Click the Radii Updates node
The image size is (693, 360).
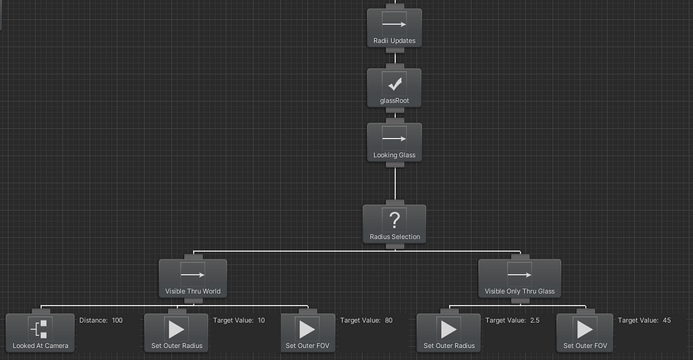[394, 28]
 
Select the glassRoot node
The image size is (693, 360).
[394, 88]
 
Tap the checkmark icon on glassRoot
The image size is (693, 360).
[395, 83]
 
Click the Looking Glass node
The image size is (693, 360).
[394, 143]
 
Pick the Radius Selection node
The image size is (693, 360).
[395, 224]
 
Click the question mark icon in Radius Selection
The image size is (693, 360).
[395, 219]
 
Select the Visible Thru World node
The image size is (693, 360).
[192, 278]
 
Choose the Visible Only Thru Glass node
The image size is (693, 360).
[519, 278]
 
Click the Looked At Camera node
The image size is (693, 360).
[40, 333]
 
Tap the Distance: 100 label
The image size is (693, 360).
[100, 320]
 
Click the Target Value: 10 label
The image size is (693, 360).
[239, 320]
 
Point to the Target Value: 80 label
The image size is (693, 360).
[366, 320]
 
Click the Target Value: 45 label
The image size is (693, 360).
[643, 320]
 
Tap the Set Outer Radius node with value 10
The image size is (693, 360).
[176, 333]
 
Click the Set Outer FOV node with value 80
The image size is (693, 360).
[307, 333]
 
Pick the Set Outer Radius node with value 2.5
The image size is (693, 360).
[448, 333]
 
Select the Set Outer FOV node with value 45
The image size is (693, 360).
[584, 333]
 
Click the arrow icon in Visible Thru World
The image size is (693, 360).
[192, 273]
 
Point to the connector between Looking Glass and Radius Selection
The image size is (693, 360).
[395, 184]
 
